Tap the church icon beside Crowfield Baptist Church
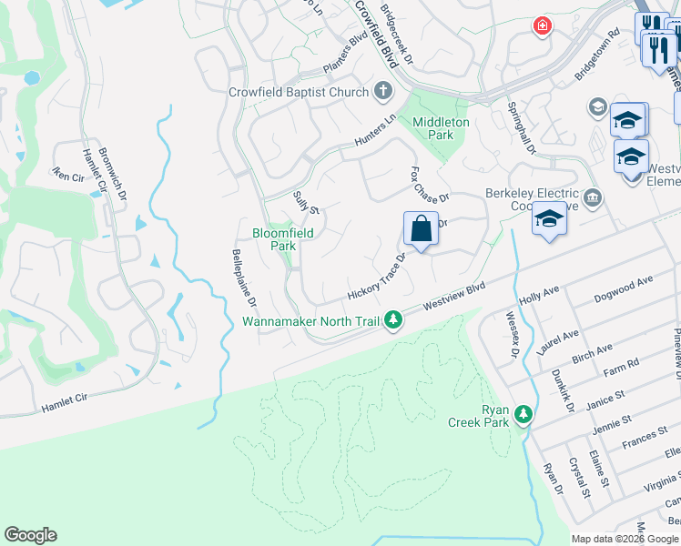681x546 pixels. click(383, 91)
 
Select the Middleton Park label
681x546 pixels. click(441, 128)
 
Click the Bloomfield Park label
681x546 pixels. click(282, 239)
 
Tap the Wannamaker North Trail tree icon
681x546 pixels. click(392, 320)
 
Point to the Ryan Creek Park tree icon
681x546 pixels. click(523, 414)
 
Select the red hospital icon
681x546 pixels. click(543, 25)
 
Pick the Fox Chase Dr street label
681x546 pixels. click(430, 185)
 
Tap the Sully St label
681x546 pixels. click(306, 203)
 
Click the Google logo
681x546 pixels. click(30, 535)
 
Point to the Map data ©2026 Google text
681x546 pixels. click(625, 539)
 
